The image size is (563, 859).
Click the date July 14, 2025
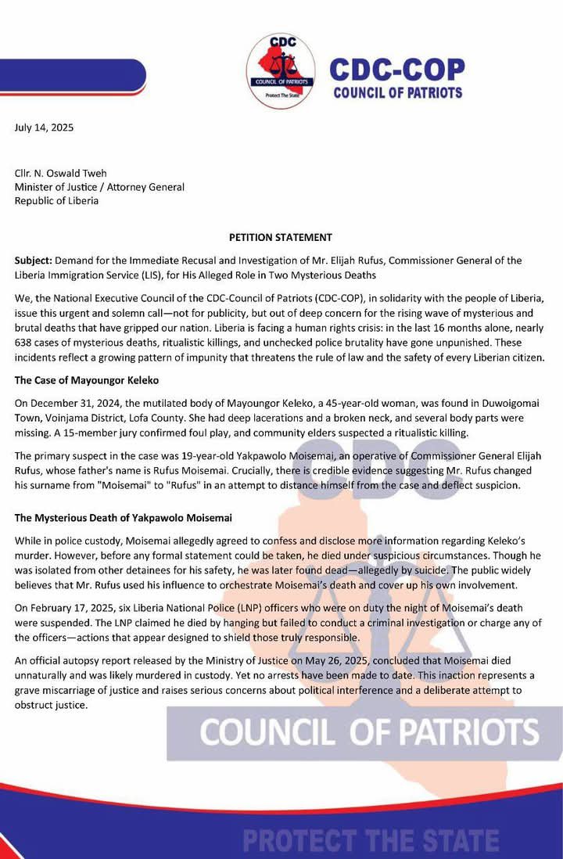point(45,127)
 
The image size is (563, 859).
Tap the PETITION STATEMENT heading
point(281,237)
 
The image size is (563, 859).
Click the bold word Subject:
point(36,260)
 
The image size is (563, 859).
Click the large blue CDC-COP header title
point(396,69)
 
